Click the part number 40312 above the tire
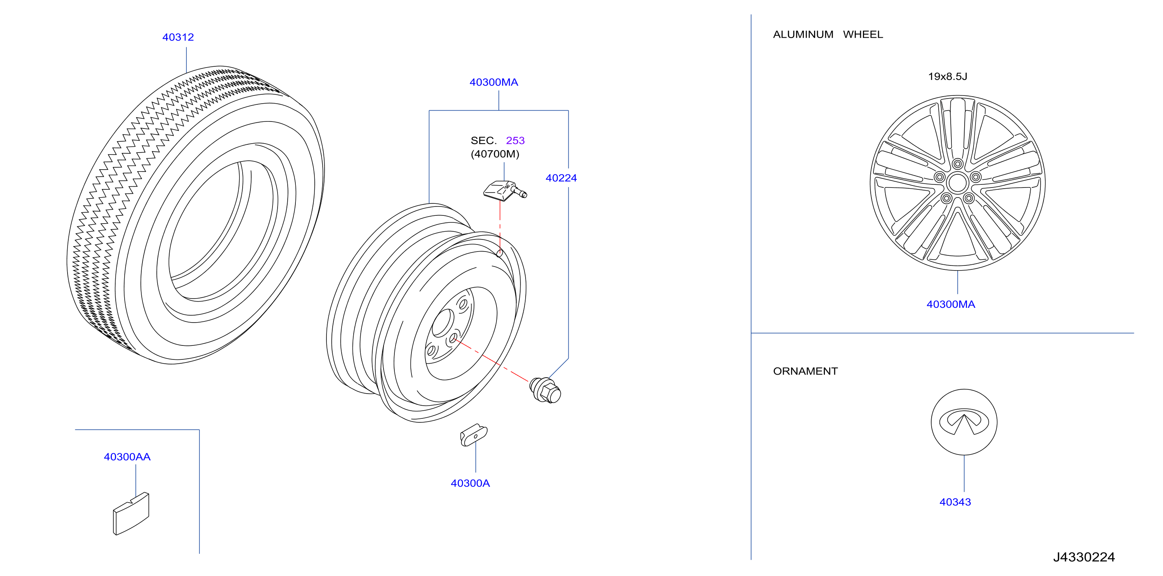(178, 37)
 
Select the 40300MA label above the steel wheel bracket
(493, 82)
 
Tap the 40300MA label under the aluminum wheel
(950, 304)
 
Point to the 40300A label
(470, 483)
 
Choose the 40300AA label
(127, 457)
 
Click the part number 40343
(955, 502)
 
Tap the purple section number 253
(515, 141)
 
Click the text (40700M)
(495, 154)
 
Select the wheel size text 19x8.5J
(947, 76)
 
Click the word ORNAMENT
(805, 371)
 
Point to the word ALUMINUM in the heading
(803, 34)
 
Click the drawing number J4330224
(1083, 557)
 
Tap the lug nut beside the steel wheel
(545, 390)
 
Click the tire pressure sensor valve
(505, 190)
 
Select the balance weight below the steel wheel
(474, 435)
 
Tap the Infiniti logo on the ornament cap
(964, 422)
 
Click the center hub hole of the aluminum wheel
(957, 183)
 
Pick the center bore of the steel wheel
(443, 323)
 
